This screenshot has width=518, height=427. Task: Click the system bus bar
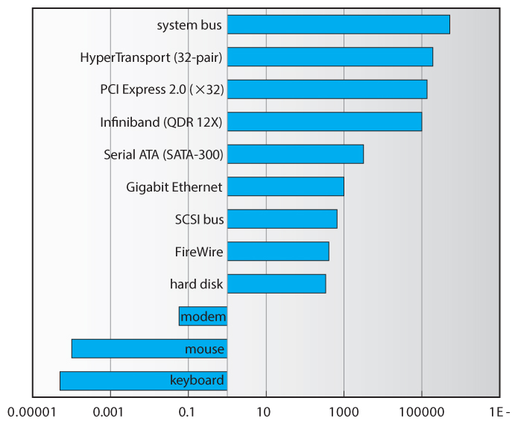[338, 25]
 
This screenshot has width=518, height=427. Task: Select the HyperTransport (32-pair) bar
[330, 57]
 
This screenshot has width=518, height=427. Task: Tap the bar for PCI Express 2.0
[327, 89]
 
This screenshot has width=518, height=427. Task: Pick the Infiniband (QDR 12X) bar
[324, 121]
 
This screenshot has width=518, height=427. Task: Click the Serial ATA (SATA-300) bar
[295, 154]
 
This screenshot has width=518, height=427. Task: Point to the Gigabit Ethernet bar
[285, 186]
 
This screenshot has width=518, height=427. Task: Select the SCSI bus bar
[282, 219]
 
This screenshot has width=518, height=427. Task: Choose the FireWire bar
[278, 251]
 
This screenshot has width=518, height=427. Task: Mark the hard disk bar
[277, 284]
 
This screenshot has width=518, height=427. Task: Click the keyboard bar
[143, 381]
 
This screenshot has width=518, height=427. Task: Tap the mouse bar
[149, 349]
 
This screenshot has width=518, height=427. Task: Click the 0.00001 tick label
[32, 412]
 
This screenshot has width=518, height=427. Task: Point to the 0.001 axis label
[108, 412]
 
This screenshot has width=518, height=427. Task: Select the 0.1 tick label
[186, 412]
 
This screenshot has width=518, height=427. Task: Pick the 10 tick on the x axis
[263, 412]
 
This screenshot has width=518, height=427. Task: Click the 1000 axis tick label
[343, 412]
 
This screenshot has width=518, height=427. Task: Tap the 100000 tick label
[422, 412]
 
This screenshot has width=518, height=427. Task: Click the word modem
[203, 317]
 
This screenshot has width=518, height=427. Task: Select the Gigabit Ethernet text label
[174, 187]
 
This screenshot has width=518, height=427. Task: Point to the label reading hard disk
[197, 284]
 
